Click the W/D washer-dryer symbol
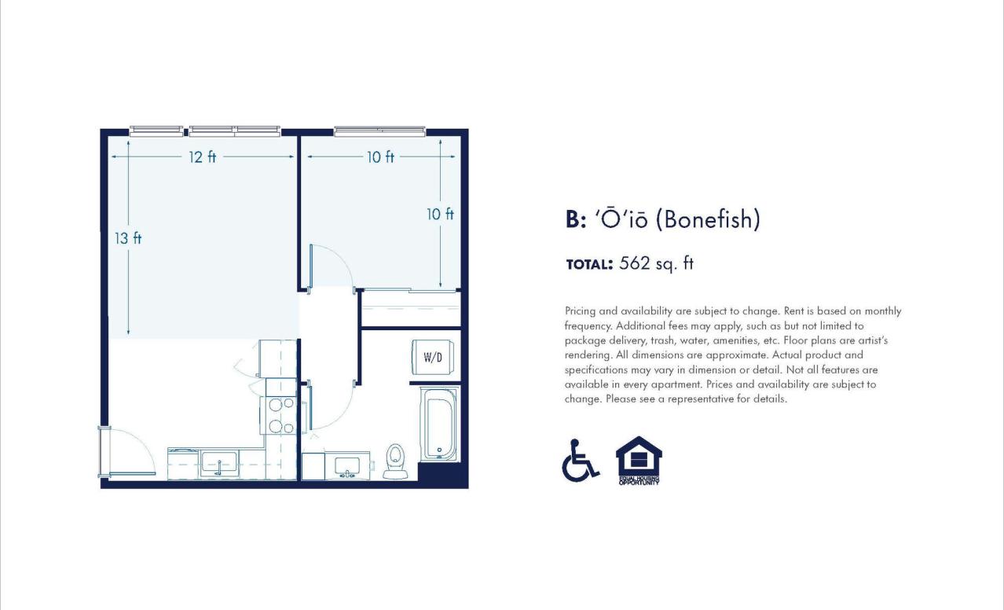432,357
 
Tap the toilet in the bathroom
395,461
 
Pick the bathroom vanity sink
346,465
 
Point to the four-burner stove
280,415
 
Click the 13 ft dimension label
128,238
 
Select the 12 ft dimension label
202,157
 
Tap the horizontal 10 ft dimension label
380,157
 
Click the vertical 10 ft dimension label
440,214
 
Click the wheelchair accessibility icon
580,460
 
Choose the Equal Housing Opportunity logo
639,460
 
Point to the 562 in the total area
635,263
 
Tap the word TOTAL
588,265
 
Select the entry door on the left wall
126,452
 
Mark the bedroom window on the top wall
379,131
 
